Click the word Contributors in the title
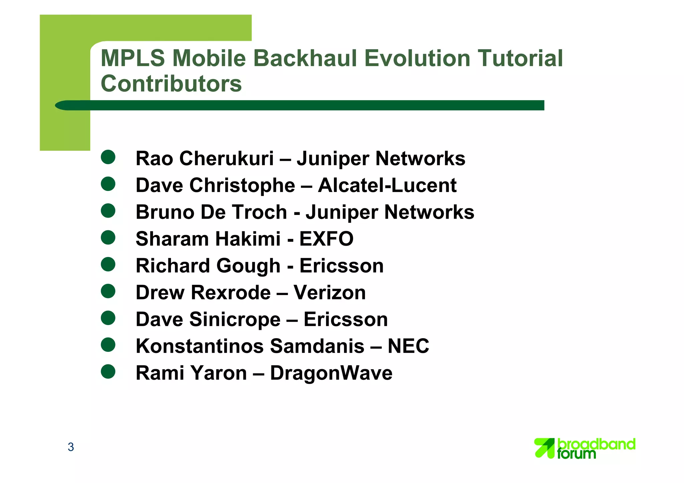coord(171,83)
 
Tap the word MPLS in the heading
coord(133,58)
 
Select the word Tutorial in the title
coord(520,58)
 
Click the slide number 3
coord(71,447)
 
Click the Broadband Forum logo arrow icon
coord(544,448)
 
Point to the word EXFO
coord(326,239)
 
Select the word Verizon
coord(329,292)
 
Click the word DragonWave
coord(331,373)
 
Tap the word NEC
coord(408,346)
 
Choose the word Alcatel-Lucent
coord(387,185)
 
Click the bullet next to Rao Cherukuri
coord(108,157)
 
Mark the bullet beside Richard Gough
coord(108,264)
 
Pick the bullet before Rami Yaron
coord(108,372)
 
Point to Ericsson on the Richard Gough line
coord(341,266)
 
